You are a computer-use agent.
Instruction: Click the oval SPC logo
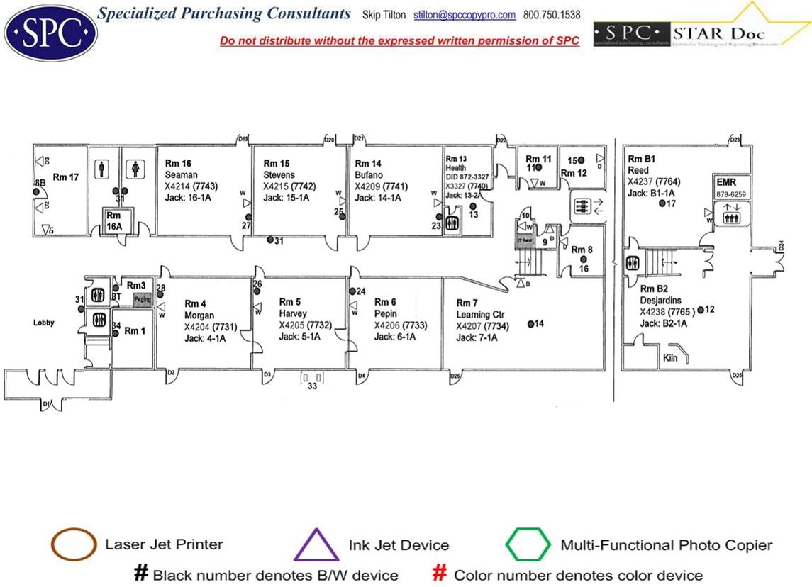tap(50, 33)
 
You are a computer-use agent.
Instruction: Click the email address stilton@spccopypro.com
tap(465, 15)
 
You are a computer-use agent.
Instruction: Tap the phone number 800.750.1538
tap(552, 15)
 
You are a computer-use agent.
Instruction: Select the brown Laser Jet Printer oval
tap(74, 544)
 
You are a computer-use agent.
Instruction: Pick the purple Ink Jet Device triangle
tap(316, 545)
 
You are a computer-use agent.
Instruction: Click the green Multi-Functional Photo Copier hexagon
tap(528, 545)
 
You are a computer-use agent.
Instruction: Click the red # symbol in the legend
tap(440, 574)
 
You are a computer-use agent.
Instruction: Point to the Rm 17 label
tap(66, 177)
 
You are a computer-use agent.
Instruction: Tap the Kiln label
tap(670, 358)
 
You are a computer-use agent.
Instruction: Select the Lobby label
tap(44, 323)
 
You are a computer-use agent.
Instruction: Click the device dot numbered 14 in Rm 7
tap(530, 324)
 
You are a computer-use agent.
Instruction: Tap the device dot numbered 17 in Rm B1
tap(662, 203)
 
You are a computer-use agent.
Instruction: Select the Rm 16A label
tap(113, 220)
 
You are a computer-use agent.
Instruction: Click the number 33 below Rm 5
tap(312, 386)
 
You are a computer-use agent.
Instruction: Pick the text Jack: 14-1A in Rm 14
tap(378, 199)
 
